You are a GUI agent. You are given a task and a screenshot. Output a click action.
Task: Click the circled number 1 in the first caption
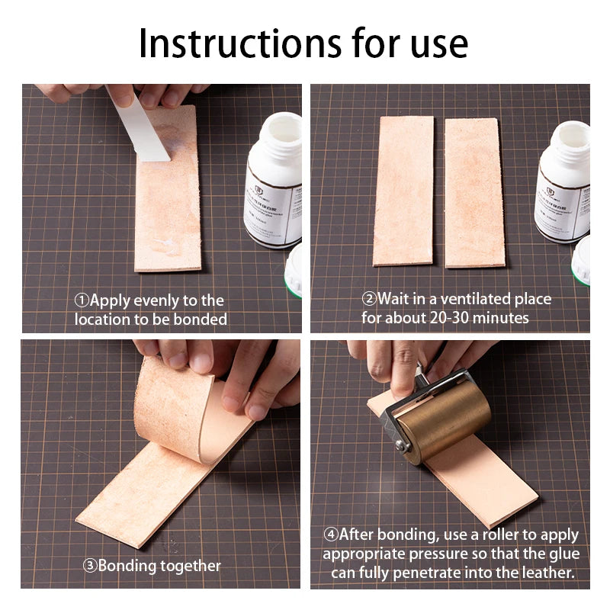[x=82, y=300]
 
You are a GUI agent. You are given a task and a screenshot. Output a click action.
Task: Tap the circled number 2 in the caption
[x=369, y=299]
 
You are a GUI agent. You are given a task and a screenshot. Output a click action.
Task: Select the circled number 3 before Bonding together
[x=90, y=566]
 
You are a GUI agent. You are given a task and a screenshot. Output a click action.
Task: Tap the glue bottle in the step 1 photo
[x=271, y=183]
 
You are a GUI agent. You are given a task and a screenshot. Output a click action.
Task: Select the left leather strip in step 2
[x=403, y=191]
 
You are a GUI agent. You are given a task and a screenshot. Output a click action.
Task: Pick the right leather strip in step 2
[x=475, y=192]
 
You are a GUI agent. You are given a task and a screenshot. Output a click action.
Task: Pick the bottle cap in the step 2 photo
[x=582, y=259]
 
